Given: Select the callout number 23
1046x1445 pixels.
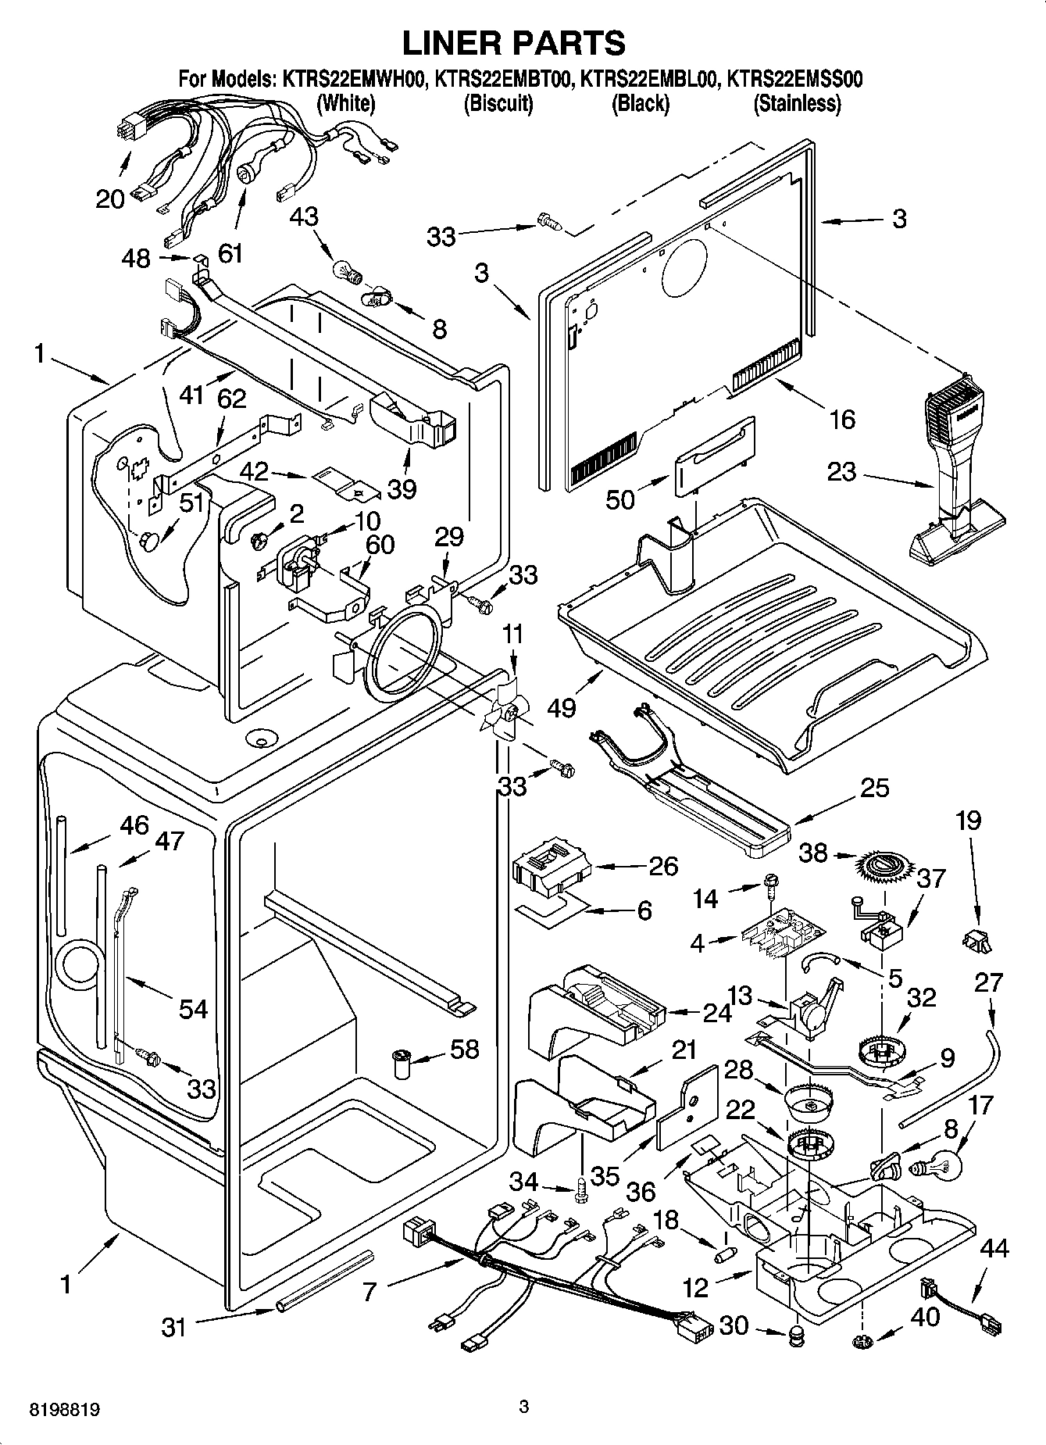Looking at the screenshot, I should coord(842,472).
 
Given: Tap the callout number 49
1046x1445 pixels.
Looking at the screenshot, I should coord(562,708).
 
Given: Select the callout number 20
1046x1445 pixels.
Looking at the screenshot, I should coord(110,199).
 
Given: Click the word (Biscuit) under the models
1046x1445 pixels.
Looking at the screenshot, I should coord(498,103).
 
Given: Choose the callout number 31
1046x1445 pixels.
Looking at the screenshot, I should coord(173,1326).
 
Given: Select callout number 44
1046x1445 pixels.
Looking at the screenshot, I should coord(993,1249).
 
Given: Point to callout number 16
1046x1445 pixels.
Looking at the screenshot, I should coord(841,420).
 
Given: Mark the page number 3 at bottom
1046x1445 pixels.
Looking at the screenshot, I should coord(524,1407).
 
